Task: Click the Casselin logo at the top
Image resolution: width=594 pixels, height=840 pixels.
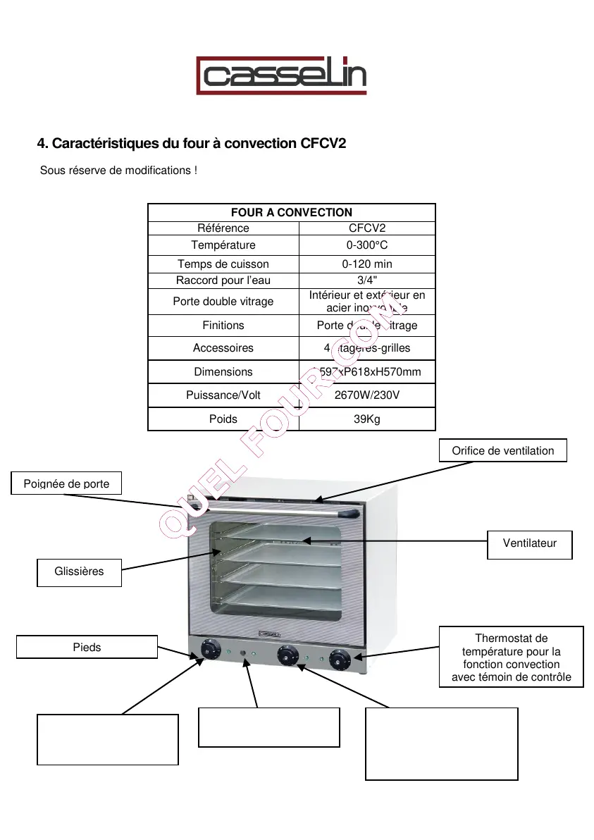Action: pyautogui.click(x=281, y=75)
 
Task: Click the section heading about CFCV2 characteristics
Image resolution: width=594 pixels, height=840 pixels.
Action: pyautogui.click(x=192, y=144)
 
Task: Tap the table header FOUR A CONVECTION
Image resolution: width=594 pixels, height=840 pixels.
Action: pyautogui.click(x=291, y=212)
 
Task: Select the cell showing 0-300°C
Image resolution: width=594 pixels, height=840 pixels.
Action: pyautogui.click(x=367, y=245)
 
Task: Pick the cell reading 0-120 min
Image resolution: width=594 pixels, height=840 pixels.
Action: pyautogui.click(x=367, y=264)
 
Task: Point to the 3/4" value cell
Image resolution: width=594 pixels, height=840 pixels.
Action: pyautogui.click(x=367, y=280)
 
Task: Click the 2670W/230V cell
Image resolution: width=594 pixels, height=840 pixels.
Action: pyautogui.click(x=367, y=395)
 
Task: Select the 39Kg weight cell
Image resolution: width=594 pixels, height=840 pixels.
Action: pyautogui.click(x=367, y=419)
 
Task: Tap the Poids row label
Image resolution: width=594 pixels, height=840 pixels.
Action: pyautogui.click(x=223, y=419)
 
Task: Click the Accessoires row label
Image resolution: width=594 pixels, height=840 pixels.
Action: pyautogui.click(x=223, y=348)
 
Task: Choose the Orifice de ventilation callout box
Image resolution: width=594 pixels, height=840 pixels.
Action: pyautogui.click(x=502, y=451)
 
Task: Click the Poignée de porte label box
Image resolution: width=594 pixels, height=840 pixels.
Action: pyautogui.click(x=67, y=484)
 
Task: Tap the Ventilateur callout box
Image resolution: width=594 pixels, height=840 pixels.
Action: pyautogui.click(x=529, y=543)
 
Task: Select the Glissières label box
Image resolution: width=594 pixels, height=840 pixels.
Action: pyautogui.click(x=79, y=572)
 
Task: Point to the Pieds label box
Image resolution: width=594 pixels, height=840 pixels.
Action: pyautogui.click(x=87, y=647)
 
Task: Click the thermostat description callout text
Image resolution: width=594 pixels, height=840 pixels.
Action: pyautogui.click(x=511, y=657)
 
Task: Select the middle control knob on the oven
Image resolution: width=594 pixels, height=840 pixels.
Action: pyautogui.click(x=286, y=654)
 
